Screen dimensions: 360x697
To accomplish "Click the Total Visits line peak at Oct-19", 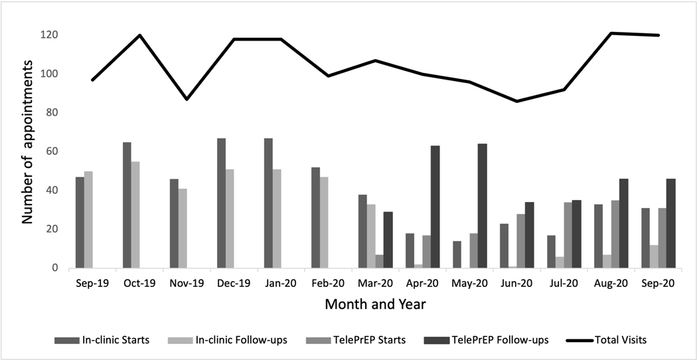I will (x=140, y=35).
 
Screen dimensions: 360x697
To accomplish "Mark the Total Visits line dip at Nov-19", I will (x=187, y=99).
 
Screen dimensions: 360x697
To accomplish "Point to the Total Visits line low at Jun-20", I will (x=516, y=101).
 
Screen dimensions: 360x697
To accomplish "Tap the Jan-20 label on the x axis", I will (x=281, y=282).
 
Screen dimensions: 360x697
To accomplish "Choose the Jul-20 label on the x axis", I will (x=564, y=282).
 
